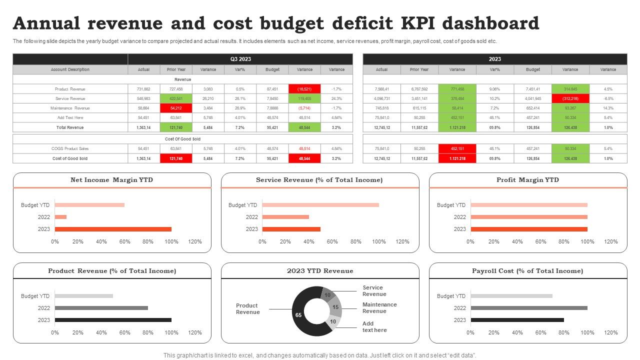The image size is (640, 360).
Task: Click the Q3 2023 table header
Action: pos(240,59)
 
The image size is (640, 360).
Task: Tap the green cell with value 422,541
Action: pos(176,98)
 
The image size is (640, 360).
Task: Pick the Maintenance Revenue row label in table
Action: pos(70,108)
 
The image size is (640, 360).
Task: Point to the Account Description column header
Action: pos(70,69)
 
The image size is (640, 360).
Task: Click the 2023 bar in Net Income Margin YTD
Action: pos(113,229)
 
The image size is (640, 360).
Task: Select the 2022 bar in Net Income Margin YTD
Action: pos(60,217)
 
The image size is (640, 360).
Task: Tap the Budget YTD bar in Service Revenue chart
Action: pos(320,205)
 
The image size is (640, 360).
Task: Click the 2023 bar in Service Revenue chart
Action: pos(291,229)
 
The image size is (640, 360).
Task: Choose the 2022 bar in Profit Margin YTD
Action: pos(528,217)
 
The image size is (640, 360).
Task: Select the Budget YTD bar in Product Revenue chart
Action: pos(84,296)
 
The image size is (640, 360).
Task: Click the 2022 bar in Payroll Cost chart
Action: pos(528,308)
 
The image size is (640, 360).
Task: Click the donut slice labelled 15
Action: pos(335,307)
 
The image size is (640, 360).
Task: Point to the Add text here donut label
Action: pos(374,327)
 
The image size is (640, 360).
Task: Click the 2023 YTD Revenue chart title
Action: pos(320,271)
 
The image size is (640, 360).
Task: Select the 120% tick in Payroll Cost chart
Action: pos(610,332)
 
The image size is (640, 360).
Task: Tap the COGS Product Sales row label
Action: pos(70,148)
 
